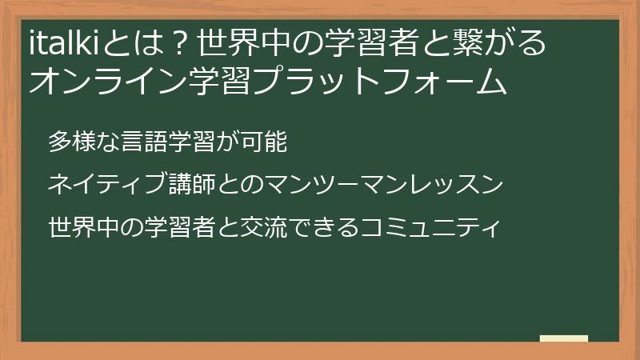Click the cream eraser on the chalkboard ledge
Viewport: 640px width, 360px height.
[x=564, y=339]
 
